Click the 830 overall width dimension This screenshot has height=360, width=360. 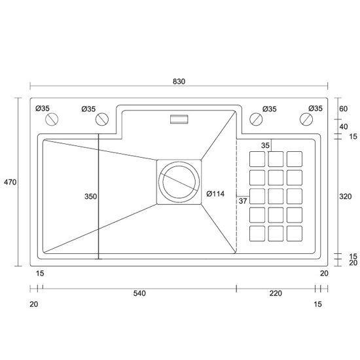(x=179, y=81)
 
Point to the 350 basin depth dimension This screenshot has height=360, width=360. (x=90, y=196)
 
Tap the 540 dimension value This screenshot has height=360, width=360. (x=139, y=293)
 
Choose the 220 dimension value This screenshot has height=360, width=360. (x=275, y=293)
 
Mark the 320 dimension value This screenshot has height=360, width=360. (x=346, y=196)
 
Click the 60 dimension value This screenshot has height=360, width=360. (x=343, y=109)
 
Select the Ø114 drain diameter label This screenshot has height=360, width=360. (x=215, y=194)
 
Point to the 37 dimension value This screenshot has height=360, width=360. (x=242, y=200)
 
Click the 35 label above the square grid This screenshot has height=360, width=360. (x=265, y=145)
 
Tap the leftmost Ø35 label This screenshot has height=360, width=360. (x=43, y=109)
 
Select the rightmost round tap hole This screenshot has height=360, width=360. (x=306, y=119)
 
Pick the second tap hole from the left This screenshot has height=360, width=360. (x=101, y=119)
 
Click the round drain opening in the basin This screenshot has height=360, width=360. (x=179, y=181)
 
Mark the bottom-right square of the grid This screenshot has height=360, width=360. (x=295, y=232)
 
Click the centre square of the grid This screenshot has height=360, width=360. (x=276, y=196)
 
